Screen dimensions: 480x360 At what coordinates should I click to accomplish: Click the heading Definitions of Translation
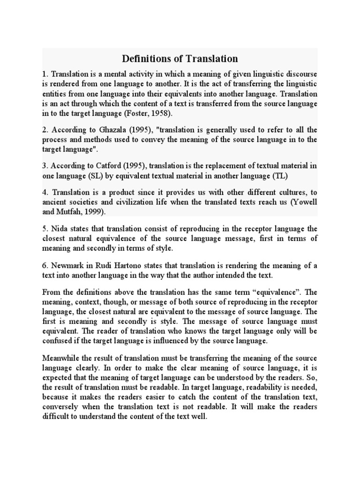click(x=180, y=59)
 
